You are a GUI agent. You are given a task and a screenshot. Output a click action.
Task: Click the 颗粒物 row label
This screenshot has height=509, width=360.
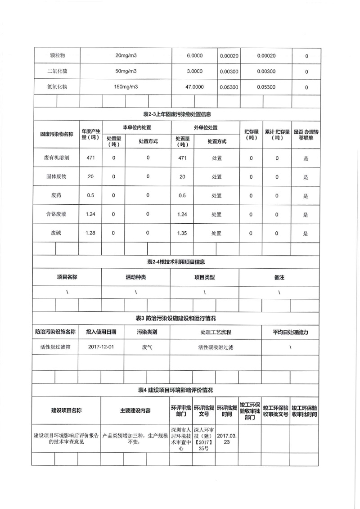point(58,56)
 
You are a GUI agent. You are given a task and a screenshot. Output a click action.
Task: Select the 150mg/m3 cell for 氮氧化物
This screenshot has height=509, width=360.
point(126,87)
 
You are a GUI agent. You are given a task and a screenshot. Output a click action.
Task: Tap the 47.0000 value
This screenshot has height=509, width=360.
point(195,87)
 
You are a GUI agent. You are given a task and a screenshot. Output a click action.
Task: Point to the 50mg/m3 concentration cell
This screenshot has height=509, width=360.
point(126,72)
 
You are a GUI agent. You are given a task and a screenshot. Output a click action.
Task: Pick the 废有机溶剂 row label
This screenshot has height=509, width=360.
point(55,158)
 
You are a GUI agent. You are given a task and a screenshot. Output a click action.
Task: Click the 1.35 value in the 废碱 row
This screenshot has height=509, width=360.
point(182,234)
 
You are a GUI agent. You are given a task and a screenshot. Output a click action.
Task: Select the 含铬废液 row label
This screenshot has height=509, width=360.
point(55,215)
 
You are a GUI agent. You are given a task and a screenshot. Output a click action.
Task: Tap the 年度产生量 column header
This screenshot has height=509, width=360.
point(91,134)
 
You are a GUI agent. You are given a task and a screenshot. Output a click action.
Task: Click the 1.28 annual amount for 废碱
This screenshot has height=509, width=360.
point(91,234)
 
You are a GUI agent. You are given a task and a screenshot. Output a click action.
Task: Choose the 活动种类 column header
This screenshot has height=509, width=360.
point(136,278)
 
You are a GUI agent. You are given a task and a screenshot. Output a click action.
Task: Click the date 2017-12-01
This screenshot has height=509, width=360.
point(101,347)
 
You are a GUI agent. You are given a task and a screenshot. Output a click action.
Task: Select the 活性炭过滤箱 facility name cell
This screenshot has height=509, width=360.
point(55,347)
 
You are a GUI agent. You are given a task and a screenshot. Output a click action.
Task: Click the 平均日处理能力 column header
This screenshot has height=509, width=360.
point(290,332)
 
